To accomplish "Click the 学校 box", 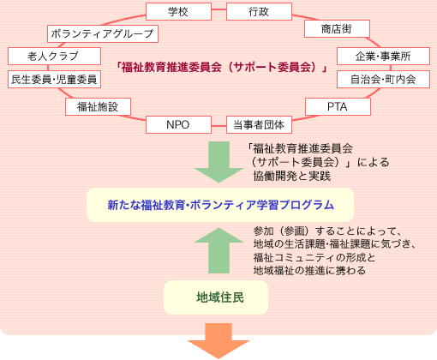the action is pyautogui.click(x=178, y=11).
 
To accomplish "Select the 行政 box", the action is pyautogui.click(x=259, y=11).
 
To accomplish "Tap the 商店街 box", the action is pyautogui.click(x=337, y=28).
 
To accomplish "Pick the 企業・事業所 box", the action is pyautogui.click(x=383, y=57).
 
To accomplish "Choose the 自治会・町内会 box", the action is pyautogui.click(x=383, y=79).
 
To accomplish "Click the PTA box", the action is pyautogui.click(x=338, y=106).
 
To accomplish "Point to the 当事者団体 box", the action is pyautogui.click(x=259, y=124).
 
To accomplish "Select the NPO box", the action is pyautogui.click(x=178, y=124).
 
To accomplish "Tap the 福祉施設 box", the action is pyautogui.click(x=98, y=106).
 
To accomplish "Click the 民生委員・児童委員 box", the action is pyautogui.click(x=54, y=79).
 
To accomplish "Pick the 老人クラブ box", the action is pyautogui.click(x=54, y=56).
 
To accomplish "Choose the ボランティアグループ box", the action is pyautogui.click(x=103, y=33).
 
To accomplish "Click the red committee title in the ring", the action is pyautogui.click(x=221, y=68).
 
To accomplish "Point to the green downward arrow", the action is pyautogui.click(x=218, y=162).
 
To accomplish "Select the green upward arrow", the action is pyautogui.click(x=218, y=250).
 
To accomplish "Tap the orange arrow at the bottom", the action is pyautogui.click(x=218, y=341).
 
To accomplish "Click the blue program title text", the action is pyautogui.click(x=220, y=205).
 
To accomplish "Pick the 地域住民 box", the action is pyautogui.click(x=216, y=297).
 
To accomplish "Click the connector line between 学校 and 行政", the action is pyautogui.click(x=218, y=9).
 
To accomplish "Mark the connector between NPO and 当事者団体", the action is pyautogui.click(x=218, y=126).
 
